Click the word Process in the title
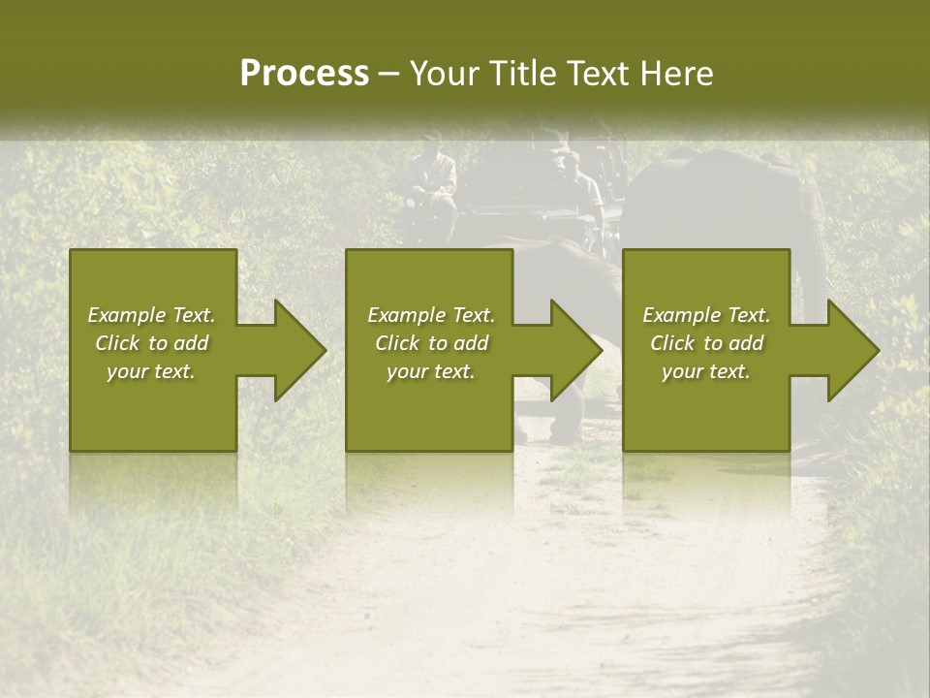304,74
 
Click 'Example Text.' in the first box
151,315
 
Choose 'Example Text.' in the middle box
431,315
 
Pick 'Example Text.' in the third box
706,315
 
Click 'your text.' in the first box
151,371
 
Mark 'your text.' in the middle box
431,371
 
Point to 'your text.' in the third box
706,371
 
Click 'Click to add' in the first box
151,343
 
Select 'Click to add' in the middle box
431,343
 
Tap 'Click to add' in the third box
706,343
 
